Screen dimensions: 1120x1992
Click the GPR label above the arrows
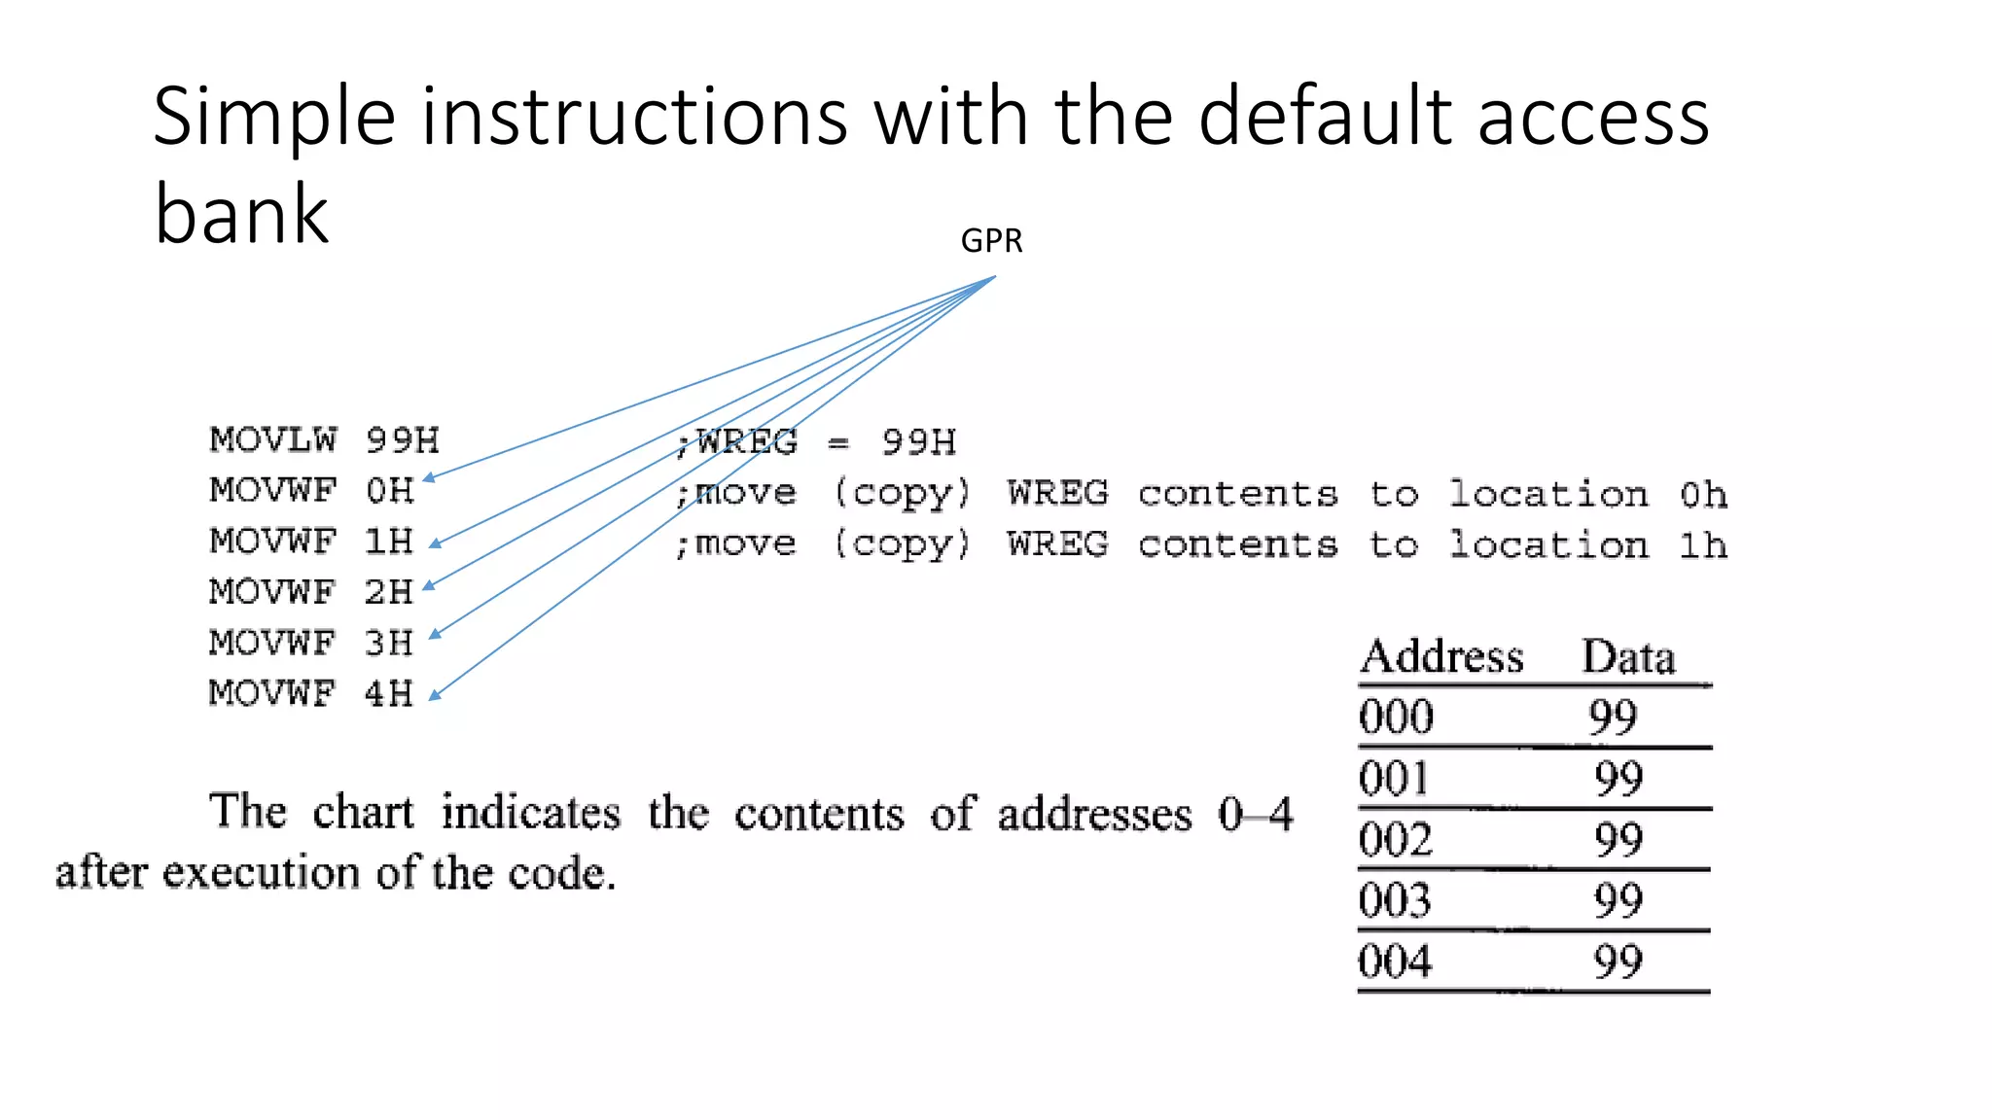(991, 240)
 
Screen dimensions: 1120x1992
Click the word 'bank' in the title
(241, 214)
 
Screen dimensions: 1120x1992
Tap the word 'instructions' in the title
(622, 119)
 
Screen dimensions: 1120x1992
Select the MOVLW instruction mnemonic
(273, 439)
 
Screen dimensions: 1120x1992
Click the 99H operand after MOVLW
(402, 440)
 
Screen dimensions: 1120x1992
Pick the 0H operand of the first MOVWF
(389, 490)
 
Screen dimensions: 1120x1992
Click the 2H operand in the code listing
(388, 591)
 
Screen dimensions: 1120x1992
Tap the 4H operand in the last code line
(388, 693)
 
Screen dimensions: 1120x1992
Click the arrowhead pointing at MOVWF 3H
(435, 634)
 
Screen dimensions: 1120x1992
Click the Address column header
(1441, 656)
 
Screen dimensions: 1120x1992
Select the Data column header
(1628, 657)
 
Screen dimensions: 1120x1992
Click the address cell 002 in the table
(1396, 839)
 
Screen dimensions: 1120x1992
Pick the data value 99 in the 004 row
(1618, 962)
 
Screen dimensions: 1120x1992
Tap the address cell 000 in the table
(1396, 717)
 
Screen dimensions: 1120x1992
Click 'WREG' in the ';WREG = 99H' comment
(747, 442)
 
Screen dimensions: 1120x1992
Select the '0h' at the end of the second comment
(1703, 495)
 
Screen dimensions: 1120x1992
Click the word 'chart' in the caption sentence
(363, 812)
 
